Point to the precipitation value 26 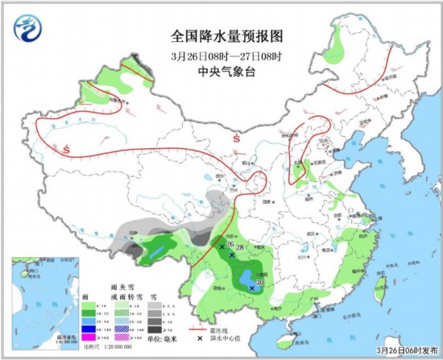coord(230,244)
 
